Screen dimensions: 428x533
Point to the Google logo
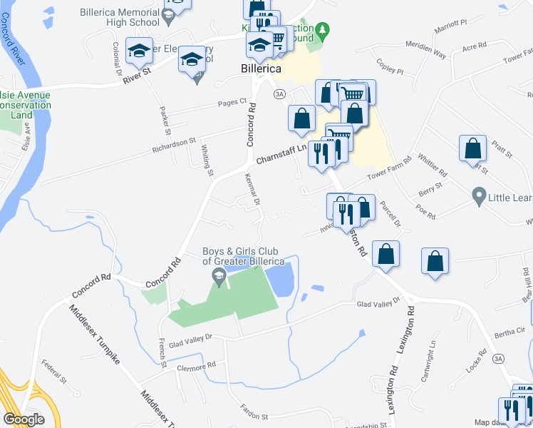coord(24,419)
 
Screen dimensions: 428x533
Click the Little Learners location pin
coord(479,195)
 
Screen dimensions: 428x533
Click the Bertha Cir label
coord(509,331)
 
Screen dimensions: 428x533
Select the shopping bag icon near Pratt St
coord(472,149)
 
